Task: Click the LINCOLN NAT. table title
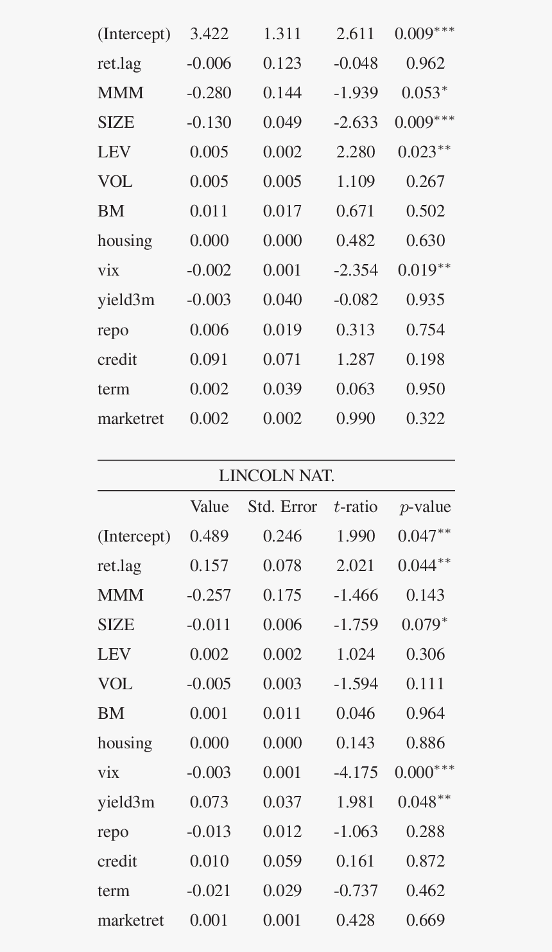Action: [276, 476]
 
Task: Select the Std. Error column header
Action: [282, 507]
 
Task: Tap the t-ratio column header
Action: [356, 507]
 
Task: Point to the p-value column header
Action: [425, 507]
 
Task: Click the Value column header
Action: [209, 507]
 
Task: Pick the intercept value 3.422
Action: [209, 34]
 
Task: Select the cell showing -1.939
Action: [356, 93]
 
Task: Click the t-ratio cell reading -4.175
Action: [356, 773]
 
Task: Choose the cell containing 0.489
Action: [209, 536]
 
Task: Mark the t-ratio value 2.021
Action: [356, 566]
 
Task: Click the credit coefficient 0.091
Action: [209, 360]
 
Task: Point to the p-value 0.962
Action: [425, 64]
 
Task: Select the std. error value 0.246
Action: [282, 536]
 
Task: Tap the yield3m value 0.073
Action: [209, 802]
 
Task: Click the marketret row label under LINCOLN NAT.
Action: [131, 921]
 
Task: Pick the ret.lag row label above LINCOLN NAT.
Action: [119, 64]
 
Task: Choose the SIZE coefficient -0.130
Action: [209, 123]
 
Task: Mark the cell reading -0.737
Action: [356, 891]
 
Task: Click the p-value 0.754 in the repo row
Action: [425, 330]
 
